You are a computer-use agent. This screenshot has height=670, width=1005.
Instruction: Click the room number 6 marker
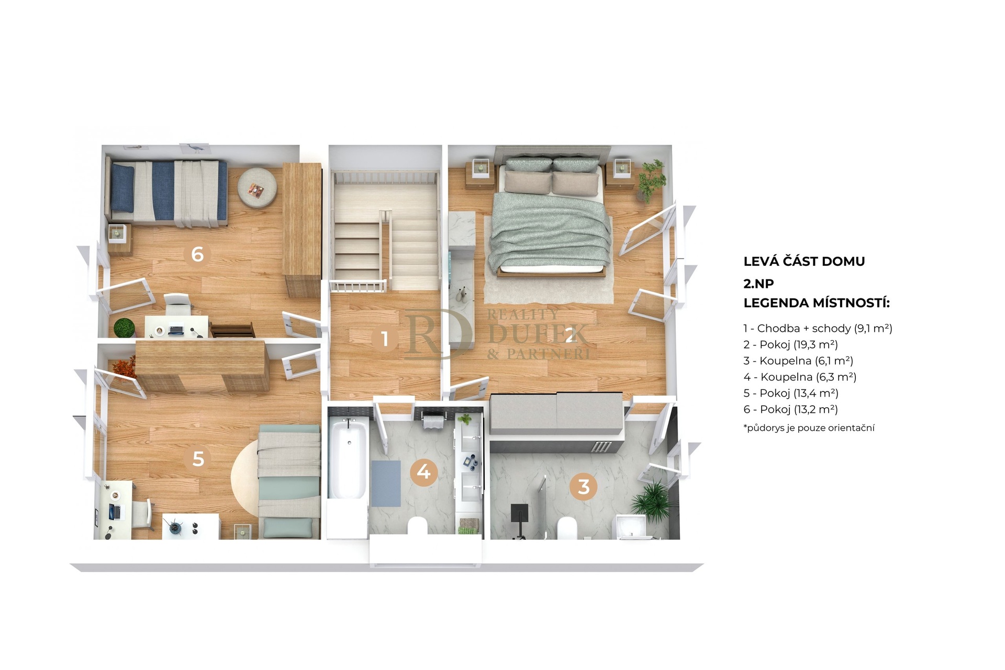coord(197,254)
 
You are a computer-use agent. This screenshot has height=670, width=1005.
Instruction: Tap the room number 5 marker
coord(198,459)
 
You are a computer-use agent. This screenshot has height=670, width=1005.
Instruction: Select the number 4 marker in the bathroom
coord(423,472)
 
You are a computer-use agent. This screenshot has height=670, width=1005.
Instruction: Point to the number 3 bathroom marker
coord(584,487)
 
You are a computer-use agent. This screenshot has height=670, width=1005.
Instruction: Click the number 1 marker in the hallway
coord(385,339)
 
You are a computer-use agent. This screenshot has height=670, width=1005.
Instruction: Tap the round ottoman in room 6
coord(257,188)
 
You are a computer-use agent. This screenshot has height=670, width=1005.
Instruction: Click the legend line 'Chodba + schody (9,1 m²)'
coord(818,329)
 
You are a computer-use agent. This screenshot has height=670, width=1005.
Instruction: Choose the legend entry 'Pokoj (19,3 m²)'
coord(790,345)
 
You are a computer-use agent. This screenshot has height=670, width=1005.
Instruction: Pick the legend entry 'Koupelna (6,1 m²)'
coord(798,361)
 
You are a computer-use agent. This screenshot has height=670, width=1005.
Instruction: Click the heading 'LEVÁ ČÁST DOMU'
coord(804,261)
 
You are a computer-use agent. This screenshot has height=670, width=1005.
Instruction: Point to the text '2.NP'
coord(758,284)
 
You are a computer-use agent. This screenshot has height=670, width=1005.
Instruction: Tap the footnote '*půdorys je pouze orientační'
coord(809,428)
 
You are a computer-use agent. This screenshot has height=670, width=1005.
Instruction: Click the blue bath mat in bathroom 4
coord(386,483)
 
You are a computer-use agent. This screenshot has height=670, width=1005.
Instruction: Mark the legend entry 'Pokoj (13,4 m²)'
coord(791,394)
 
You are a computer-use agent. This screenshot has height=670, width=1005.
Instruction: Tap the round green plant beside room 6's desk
coord(125,328)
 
